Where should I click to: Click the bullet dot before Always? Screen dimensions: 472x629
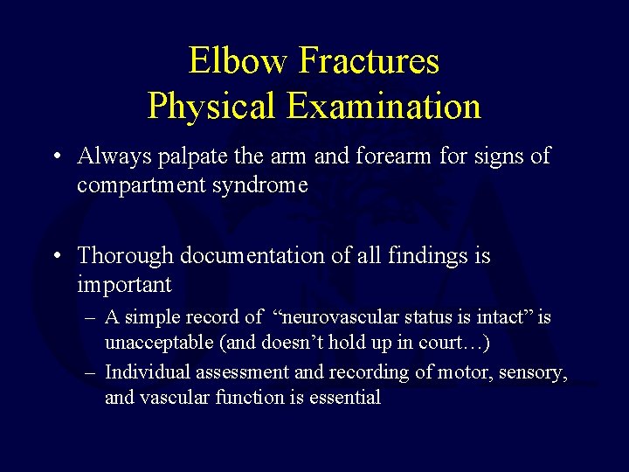(55, 157)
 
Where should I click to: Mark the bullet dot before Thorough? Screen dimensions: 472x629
(55, 257)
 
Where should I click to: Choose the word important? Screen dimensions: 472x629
(124, 285)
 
